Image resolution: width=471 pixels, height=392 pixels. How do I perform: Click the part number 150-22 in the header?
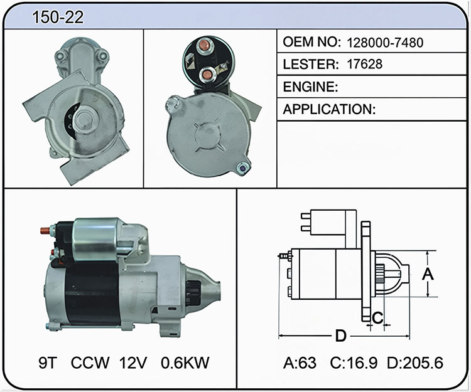pos(58,17)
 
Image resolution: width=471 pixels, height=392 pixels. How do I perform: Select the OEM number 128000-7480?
pos(385,43)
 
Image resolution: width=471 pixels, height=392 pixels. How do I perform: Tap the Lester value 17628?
pos(365,64)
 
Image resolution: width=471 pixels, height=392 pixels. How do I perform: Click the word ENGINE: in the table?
pos(310,87)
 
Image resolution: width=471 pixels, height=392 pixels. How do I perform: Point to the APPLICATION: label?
pos(329,109)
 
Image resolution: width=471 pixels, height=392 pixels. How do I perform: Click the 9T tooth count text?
pos(48,363)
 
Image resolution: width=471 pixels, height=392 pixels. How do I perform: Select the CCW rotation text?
pos(90,363)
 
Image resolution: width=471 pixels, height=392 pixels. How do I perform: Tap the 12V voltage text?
pos(133,363)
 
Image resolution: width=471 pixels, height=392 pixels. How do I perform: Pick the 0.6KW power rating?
pos(185,363)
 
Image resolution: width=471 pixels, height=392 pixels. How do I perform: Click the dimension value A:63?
pos(300,363)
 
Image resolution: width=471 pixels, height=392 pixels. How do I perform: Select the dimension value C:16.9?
pos(354,363)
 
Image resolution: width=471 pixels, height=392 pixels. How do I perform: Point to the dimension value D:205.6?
pos(415,363)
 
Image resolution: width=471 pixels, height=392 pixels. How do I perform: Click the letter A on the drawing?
pos(428,274)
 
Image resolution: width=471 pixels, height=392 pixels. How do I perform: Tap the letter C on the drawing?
pos(377,318)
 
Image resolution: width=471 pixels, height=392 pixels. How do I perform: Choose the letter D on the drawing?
pos(340,336)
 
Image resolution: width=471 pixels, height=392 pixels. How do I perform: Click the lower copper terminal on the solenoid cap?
pos(207,74)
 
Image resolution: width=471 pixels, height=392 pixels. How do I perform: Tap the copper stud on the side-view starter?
pos(45,231)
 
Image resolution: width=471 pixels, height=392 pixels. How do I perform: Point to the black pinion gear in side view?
pos(193,293)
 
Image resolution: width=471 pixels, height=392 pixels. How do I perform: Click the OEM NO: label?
pos(311,42)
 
